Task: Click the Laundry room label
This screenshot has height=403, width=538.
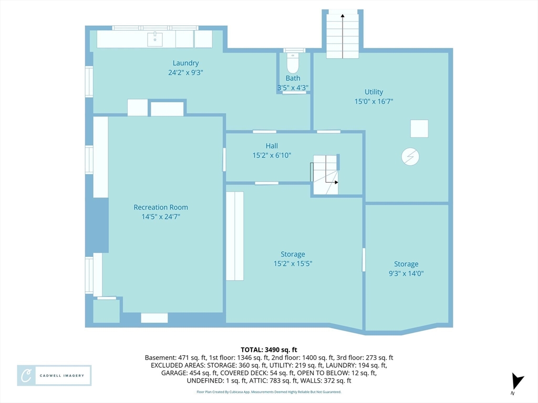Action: (x=185, y=63)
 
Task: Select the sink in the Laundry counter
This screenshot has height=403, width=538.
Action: (x=155, y=39)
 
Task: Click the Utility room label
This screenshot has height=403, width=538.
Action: (x=374, y=92)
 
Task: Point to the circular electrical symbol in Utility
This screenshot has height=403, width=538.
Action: (x=410, y=156)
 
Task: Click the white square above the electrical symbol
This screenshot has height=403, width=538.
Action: (x=419, y=129)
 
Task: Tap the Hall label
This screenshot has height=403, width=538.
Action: (x=272, y=146)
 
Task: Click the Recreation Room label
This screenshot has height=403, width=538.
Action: (x=161, y=207)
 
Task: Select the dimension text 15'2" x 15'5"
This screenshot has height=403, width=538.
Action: (x=293, y=263)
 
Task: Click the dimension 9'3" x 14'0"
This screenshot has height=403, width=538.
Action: (x=406, y=273)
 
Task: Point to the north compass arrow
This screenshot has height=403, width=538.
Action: (x=518, y=381)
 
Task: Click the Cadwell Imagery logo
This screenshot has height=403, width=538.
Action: (x=54, y=376)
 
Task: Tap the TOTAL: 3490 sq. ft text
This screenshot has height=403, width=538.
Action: (x=269, y=350)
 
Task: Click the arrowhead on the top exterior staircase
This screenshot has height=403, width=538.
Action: (x=343, y=15)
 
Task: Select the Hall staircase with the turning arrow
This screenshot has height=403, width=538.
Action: (x=325, y=175)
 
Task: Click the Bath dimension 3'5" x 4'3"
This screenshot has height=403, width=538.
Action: (x=293, y=88)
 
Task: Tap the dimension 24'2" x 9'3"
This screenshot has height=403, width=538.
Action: (x=185, y=72)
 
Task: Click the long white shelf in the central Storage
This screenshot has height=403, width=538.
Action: (x=235, y=236)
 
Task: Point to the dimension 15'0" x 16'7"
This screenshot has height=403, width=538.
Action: (x=374, y=101)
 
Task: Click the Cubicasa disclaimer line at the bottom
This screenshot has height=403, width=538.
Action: (x=269, y=391)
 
